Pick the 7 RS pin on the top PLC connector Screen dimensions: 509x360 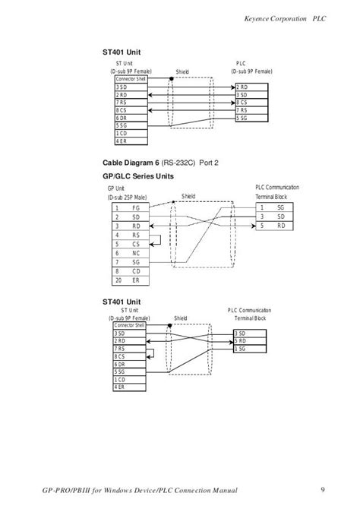tap(247, 110)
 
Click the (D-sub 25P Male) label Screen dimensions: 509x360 tap(127, 198)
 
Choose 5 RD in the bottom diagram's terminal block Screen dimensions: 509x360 tap(245, 341)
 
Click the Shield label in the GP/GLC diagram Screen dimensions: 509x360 tap(188, 195)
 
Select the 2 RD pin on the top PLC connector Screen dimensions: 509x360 tap(247, 87)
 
